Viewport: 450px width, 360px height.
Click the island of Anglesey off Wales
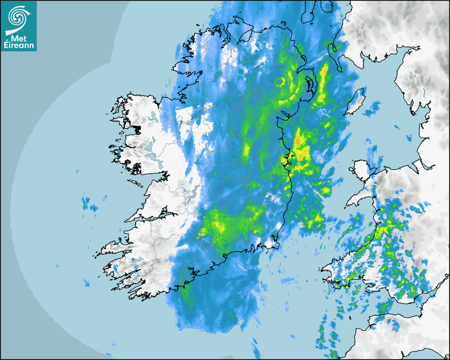pyautogui.click(x=362, y=171)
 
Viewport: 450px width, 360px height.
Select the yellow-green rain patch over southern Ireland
pyautogui.click(x=222, y=225)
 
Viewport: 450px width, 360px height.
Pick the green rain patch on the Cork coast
pyautogui.click(x=185, y=289)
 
